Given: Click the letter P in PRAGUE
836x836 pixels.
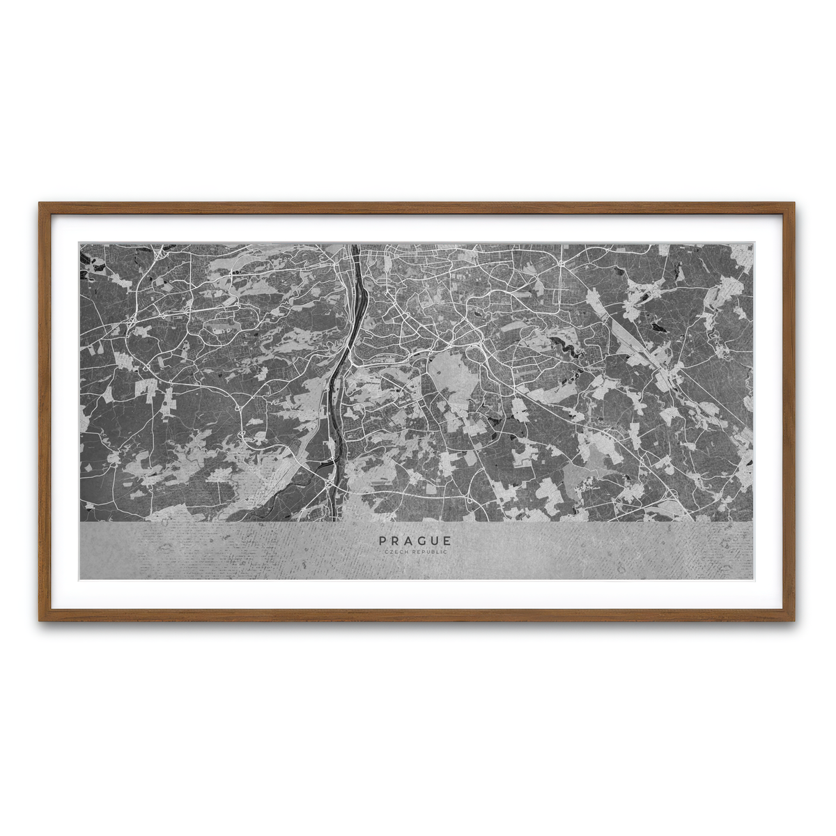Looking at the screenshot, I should pyautogui.click(x=382, y=541).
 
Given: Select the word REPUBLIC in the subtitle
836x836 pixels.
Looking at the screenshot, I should pyautogui.click(x=429, y=552).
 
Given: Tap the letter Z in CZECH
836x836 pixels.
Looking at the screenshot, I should pyautogui.click(x=391, y=552).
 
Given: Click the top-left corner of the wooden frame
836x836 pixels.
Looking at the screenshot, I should pyautogui.click(x=40, y=204).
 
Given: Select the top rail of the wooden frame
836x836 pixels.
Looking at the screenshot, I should pyautogui.click(x=418, y=205).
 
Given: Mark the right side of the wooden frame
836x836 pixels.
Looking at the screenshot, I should pyautogui.click(x=793, y=411).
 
